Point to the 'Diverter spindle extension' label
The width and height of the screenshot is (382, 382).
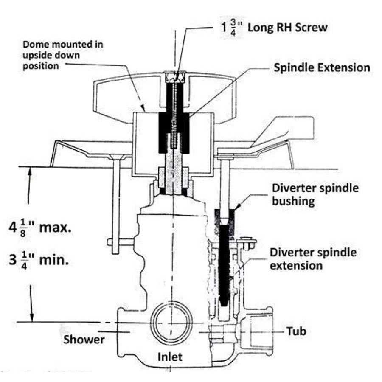point(313,258)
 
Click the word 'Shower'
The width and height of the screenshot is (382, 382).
point(84,339)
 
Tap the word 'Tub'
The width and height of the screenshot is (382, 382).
point(296,331)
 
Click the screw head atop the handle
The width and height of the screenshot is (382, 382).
point(174,78)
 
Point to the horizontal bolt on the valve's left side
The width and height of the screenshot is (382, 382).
point(123,242)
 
